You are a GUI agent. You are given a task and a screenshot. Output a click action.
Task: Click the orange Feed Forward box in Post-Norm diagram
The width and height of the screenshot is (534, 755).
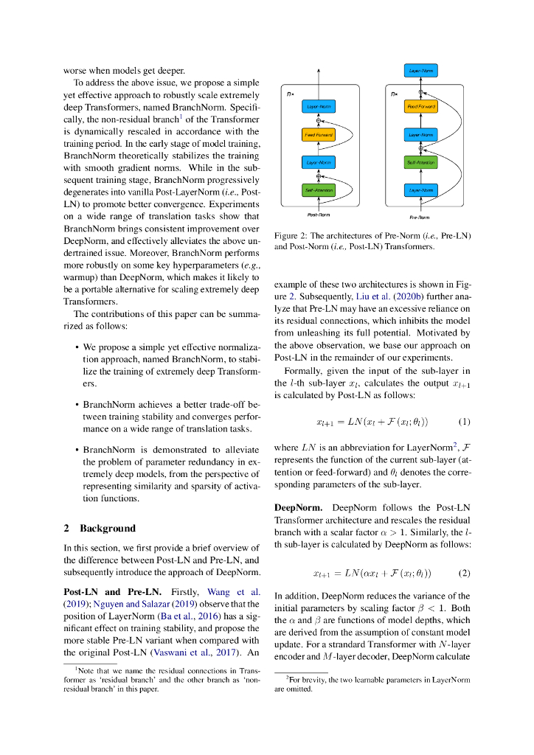[x=318, y=135]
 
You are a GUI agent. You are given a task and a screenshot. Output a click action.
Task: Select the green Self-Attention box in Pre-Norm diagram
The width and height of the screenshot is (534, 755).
[x=421, y=161]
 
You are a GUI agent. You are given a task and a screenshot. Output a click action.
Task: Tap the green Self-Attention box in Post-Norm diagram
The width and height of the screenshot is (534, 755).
[x=318, y=190]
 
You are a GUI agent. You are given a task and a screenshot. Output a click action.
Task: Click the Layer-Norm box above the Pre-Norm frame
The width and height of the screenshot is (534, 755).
[x=421, y=71]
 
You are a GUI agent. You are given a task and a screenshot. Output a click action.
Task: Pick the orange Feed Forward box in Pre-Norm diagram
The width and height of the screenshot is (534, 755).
[x=421, y=107]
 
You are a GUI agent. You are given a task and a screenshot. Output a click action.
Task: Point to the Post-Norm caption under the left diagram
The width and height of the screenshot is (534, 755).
[x=318, y=215]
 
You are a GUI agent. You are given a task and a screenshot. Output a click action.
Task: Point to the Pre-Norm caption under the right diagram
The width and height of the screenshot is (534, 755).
[x=420, y=218]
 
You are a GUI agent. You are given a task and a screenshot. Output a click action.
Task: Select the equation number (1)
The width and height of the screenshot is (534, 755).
[x=464, y=422]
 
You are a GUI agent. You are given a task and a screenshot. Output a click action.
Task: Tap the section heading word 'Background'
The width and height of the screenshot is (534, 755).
[x=108, y=528]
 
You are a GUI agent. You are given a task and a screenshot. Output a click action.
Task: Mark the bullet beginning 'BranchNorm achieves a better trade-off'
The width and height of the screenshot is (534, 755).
[x=170, y=417]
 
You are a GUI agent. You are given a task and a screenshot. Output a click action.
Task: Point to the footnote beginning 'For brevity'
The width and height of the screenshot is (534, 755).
[x=372, y=683]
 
